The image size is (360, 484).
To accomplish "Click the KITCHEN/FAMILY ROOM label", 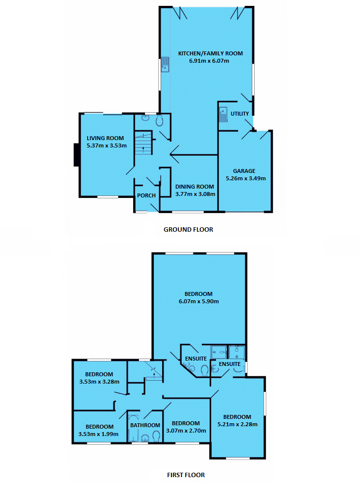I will click(x=210, y=53).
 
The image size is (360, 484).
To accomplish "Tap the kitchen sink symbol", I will click(x=166, y=64).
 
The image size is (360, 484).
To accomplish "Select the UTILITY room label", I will click(x=240, y=114).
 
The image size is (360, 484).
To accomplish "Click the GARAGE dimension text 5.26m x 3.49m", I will click(x=244, y=178).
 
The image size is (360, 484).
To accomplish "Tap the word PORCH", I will click(x=146, y=195).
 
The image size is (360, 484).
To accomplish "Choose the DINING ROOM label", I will click(x=194, y=187).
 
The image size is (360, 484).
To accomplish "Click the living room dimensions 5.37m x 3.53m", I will click(x=106, y=145).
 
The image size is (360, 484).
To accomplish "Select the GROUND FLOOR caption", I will click(x=188, y=229).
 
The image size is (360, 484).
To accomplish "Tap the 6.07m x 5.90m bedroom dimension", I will click(x=198, y=301).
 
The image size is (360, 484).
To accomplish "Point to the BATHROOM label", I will click(x=144, y=425).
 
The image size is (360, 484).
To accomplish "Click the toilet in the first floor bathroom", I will click(x=156, y=436).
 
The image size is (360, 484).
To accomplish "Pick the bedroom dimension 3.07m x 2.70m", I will click(x=186, y=431).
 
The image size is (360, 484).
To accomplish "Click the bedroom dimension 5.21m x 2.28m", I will click(x=238, y=424).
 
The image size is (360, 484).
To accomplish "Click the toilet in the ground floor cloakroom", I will click(x=160, y=121).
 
